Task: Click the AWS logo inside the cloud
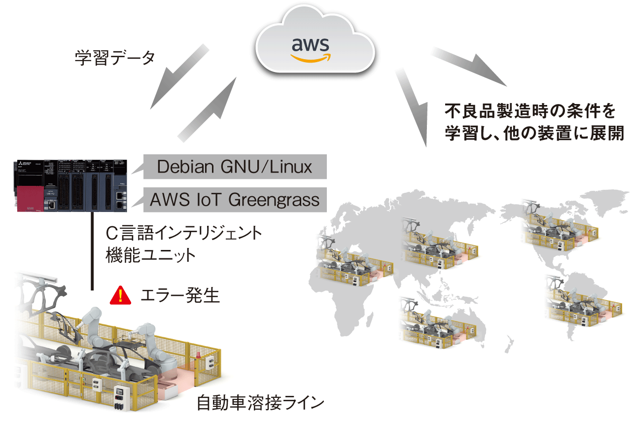pos(310,49)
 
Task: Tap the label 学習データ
pos(115,58)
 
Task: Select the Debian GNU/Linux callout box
pos(235,167)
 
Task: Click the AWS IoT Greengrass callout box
pos(235,200)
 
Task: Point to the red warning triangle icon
pos(120,295)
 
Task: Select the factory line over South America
pos(582,301)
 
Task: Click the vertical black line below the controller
pos(92,251)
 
